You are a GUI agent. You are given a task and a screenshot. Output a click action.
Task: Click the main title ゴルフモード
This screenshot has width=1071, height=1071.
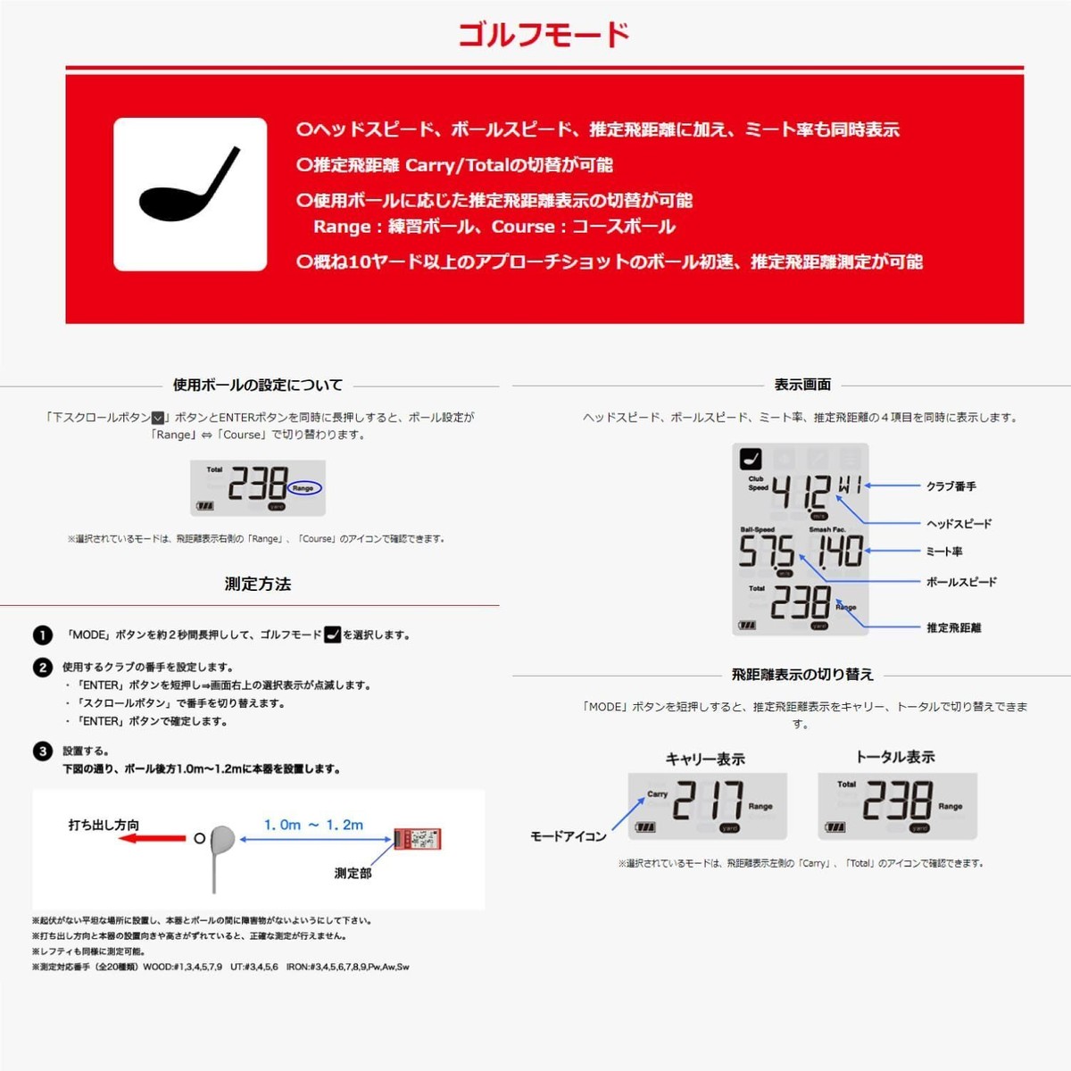(544, 36)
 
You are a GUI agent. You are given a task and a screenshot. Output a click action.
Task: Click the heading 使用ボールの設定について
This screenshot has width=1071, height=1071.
(258, 385)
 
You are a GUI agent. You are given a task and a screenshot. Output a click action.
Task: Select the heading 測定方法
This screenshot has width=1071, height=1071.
(258, 584)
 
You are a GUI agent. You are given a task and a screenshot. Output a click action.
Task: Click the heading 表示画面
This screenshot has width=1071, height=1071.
(802, 385)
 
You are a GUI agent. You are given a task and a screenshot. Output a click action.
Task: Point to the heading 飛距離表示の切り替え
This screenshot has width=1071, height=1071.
(802, 674)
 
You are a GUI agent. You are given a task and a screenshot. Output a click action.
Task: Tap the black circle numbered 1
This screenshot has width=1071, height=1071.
(43, 635)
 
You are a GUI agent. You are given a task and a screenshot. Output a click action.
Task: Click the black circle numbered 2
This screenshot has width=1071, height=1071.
(43, 667)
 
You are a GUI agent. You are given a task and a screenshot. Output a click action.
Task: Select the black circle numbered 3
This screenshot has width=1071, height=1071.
(43, 751)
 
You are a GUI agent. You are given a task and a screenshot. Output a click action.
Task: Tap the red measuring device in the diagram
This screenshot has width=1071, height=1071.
(418, 839)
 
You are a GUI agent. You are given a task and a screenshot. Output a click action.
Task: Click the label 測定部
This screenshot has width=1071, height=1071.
(353, 873)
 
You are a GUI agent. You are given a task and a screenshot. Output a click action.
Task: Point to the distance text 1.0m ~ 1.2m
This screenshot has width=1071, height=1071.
(314, 825)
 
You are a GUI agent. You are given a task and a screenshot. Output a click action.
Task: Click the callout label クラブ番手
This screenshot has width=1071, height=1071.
(951, 486)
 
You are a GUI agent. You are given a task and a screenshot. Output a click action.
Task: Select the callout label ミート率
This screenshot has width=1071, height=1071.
(944, 552)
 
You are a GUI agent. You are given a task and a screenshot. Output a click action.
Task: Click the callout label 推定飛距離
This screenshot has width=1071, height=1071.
(953, 627)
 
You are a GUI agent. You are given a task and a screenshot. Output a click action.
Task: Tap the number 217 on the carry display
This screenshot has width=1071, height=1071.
(707, 801)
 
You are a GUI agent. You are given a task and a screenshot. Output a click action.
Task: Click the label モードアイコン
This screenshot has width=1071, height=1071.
(569, 836)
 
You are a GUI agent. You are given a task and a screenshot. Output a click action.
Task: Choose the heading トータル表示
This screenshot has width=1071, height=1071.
(895, 757)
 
